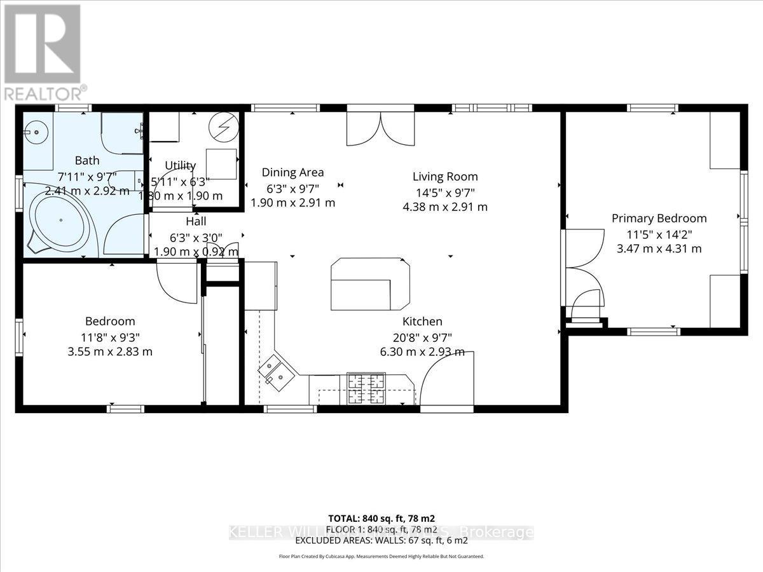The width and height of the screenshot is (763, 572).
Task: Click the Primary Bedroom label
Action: (659, 218)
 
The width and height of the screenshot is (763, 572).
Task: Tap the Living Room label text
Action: (444, 177)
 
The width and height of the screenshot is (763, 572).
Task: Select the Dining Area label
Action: (293, 172)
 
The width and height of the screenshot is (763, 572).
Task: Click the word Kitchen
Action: (422, 322)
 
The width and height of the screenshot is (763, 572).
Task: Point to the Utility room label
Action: (181, 166)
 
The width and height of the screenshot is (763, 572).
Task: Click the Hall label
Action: (196, 222)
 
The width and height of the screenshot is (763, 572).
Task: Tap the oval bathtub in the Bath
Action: (61, 220)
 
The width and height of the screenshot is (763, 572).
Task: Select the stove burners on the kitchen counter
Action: (365, 388)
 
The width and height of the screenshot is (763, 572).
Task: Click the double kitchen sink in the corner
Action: (275, 373)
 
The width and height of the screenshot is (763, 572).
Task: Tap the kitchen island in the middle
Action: (369, 283)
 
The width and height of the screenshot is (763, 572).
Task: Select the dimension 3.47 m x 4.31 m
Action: (659, 249)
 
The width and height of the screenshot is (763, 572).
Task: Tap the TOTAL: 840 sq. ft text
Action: (381, 519)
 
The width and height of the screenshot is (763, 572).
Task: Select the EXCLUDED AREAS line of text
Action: (381, 540)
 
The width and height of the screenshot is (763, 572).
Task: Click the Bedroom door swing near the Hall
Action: (175, 280)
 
